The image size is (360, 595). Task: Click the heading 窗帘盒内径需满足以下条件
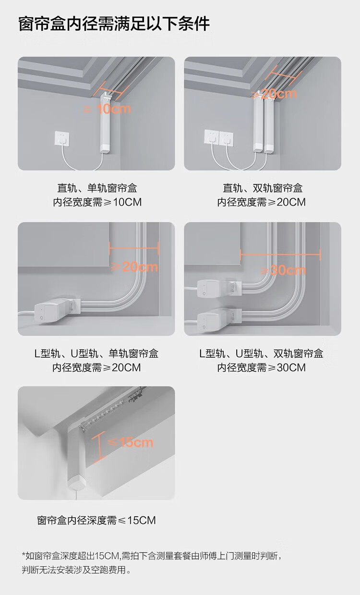pyautogui.click(x=114, y=24)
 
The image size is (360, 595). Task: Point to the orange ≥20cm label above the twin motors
pyautogui.click(x=274, y=94)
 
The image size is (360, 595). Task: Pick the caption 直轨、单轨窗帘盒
pyautogui.click(x=96, y=188)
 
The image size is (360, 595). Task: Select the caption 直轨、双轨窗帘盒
pyautogui.click(x=262, y=188)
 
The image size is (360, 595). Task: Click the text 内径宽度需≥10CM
pyautogui.click(x=96, y=202)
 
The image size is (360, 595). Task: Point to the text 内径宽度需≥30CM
pyautogui.click(x=262, y=368)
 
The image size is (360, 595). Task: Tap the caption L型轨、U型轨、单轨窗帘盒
pyautogui.click(x=96, y=354)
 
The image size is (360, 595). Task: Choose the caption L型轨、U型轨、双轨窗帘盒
pyautogui.click(x=262, y=354)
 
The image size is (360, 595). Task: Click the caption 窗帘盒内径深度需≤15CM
pyautogui.click(x=96, y=520)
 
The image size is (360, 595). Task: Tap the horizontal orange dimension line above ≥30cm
pyautogui.click(x=280, y=255)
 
